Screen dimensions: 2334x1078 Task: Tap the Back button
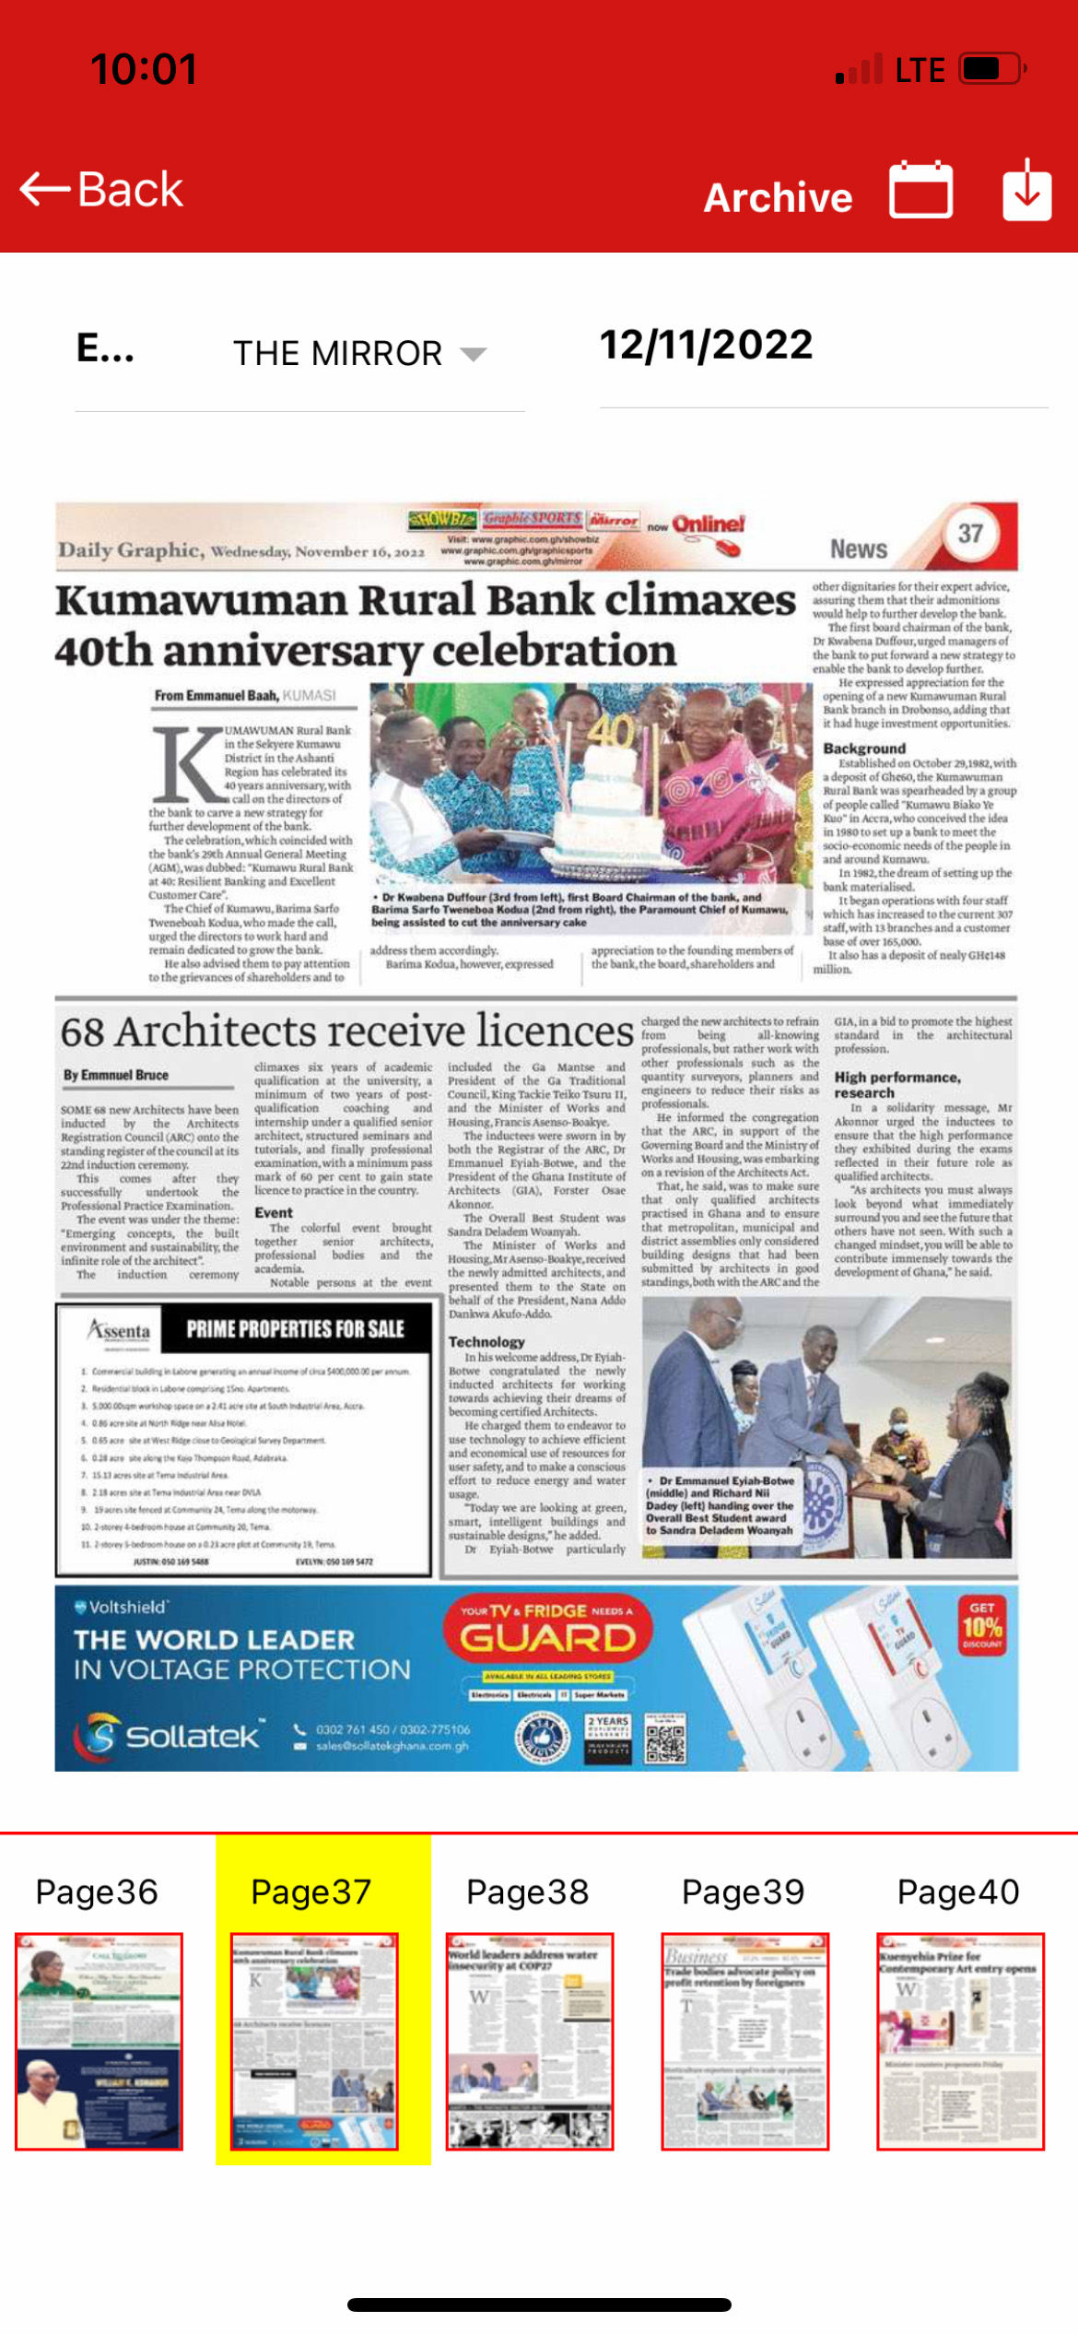101,190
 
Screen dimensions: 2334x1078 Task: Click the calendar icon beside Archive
920,190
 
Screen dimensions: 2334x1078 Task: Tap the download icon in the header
1026,190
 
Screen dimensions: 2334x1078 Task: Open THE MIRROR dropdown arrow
473,354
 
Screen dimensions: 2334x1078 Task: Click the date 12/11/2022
706,346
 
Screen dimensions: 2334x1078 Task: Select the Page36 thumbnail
99,2041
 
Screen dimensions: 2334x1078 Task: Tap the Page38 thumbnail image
529,2041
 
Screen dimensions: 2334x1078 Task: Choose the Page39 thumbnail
744,2041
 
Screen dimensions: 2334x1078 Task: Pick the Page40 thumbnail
960,2041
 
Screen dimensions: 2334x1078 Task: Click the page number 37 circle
970,534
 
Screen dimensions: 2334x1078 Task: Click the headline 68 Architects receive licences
346,1031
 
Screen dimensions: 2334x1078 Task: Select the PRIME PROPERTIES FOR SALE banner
295,1328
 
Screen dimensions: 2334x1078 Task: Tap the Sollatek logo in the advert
170,1736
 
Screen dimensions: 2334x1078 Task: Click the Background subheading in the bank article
864,749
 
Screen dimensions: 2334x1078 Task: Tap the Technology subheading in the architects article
486,1342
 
